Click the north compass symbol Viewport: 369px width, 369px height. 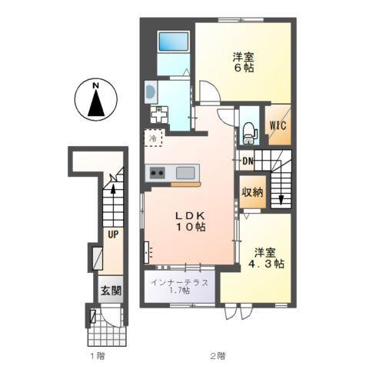96,101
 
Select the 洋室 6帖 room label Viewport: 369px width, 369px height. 244,61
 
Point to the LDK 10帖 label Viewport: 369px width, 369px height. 188,221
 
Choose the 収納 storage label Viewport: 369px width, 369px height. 252,194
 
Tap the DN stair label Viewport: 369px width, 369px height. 248,161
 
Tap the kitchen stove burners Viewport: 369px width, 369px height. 157,172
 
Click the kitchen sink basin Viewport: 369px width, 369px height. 185,172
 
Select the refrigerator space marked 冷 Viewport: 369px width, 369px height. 153,138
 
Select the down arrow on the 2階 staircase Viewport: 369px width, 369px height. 281,200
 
